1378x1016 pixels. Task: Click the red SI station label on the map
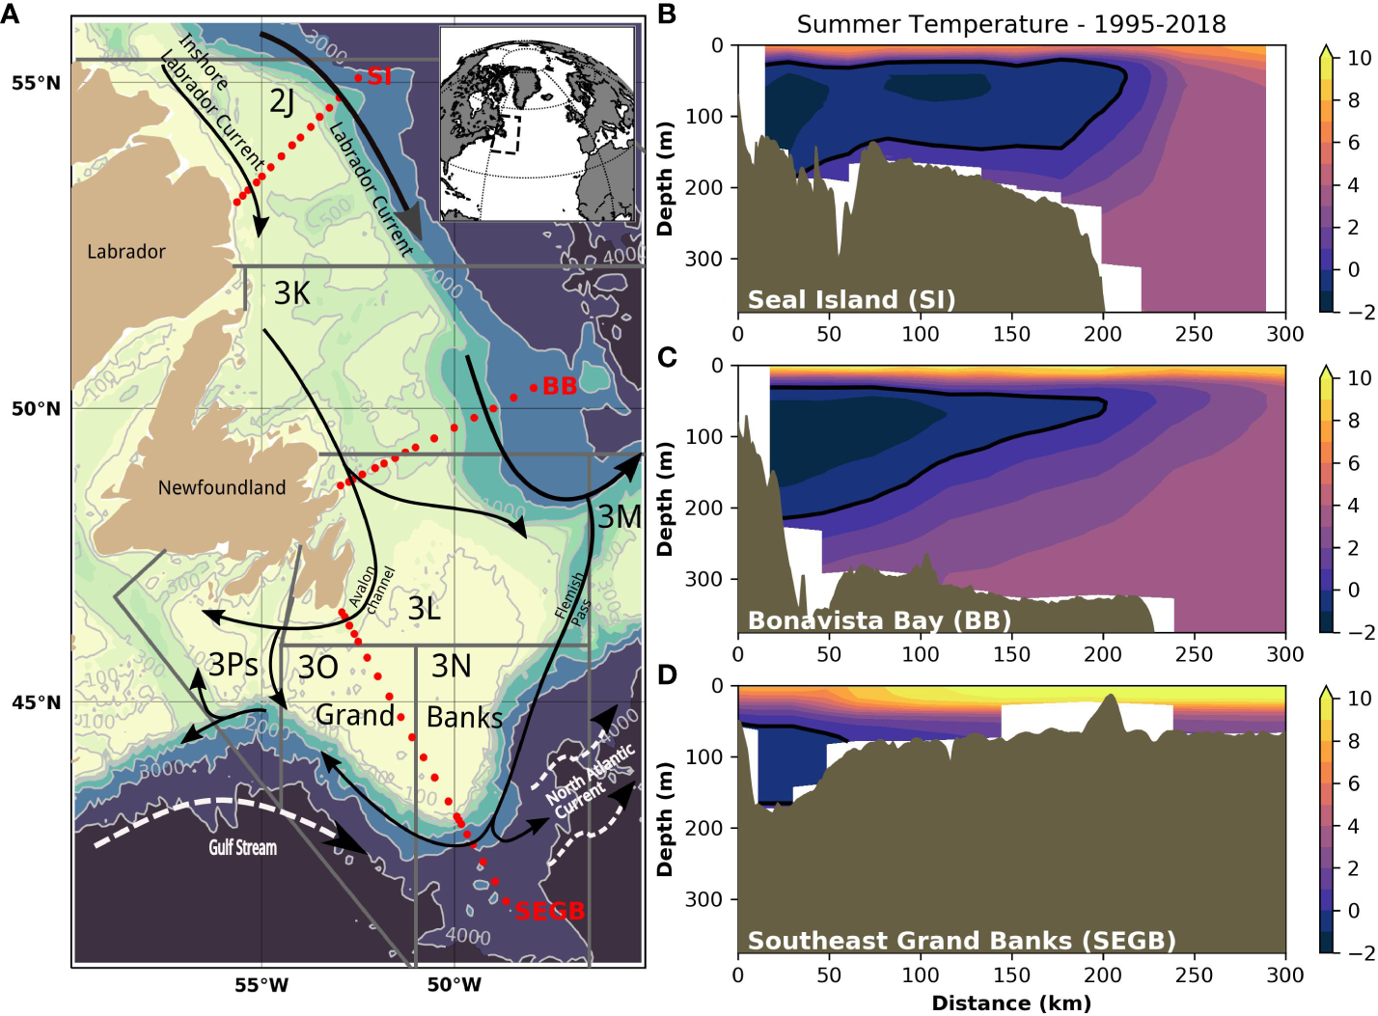379,76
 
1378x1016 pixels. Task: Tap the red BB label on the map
560,386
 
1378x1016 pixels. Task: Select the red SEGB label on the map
550,911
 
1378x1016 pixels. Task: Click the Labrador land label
126,252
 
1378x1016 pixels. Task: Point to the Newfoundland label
222,487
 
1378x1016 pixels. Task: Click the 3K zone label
292,293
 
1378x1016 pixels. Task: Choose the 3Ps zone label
234,665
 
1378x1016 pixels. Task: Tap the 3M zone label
620,517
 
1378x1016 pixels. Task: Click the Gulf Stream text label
243,848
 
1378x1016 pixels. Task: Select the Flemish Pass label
572,597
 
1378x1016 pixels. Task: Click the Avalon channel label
372,590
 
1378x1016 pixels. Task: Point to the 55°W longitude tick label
262,985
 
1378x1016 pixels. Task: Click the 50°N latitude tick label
36,409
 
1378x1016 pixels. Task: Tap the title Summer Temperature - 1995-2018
1010,24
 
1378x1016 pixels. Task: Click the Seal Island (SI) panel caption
851,299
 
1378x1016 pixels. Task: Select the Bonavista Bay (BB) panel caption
879,619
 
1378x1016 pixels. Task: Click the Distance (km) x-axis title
1010,1003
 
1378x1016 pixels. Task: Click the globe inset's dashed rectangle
505,134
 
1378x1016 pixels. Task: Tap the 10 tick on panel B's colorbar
1359,58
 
